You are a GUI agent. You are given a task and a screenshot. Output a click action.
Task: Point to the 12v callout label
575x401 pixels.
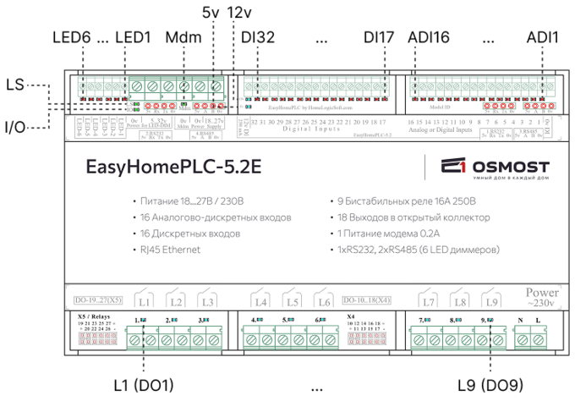241,14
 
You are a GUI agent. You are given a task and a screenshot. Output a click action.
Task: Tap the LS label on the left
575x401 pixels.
15,85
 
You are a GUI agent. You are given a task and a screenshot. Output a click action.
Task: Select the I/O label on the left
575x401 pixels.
15,127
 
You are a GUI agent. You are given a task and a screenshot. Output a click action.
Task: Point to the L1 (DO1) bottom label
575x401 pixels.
143,385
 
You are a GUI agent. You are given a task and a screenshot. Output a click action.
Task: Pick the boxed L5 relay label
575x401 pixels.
292,301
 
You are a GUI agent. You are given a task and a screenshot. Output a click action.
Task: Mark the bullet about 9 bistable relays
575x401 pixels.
405,201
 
